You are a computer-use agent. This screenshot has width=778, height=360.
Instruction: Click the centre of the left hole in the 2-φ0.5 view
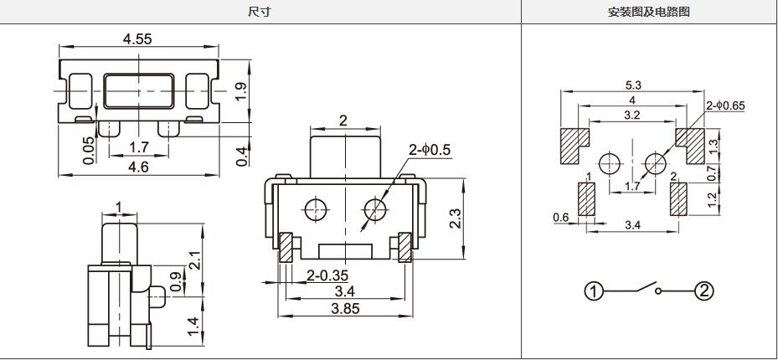tap(313, 210)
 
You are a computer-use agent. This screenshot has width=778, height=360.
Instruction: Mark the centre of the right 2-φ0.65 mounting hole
tap(656, 163)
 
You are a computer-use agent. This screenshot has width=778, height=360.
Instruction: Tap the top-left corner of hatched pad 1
tap(578, 183)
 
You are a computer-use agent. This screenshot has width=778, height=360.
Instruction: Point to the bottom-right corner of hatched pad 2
tap(687, 216)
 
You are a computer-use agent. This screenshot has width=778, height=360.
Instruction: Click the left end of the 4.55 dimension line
tap(59, 47)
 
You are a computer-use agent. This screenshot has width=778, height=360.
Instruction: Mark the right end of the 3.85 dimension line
tap(413, 316)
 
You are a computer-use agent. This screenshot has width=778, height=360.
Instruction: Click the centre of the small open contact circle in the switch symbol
tap(658, 291)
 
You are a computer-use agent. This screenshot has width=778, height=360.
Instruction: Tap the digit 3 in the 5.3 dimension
tap(638, 85)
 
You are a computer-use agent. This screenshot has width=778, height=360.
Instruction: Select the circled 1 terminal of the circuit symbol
tap(594, 291)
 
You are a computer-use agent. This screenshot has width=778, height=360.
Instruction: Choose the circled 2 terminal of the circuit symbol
tap(703, 291)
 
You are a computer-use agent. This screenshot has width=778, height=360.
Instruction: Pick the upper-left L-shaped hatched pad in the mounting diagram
tap(574, 147)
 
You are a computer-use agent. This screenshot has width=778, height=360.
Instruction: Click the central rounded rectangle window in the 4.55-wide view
tap(139, 91)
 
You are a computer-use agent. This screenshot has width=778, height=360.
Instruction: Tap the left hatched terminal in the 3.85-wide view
tap(286, 248)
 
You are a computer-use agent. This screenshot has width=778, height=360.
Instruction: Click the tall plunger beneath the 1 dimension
tap(119, 244)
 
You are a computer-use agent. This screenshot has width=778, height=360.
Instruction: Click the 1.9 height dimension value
tap(240, 92)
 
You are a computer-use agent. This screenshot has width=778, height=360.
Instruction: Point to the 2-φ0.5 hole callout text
tap(430, 150)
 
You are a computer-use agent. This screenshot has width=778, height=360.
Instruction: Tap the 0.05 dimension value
tap(88, 150)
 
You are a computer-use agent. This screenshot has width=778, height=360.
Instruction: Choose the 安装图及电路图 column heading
tap(648, 12)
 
